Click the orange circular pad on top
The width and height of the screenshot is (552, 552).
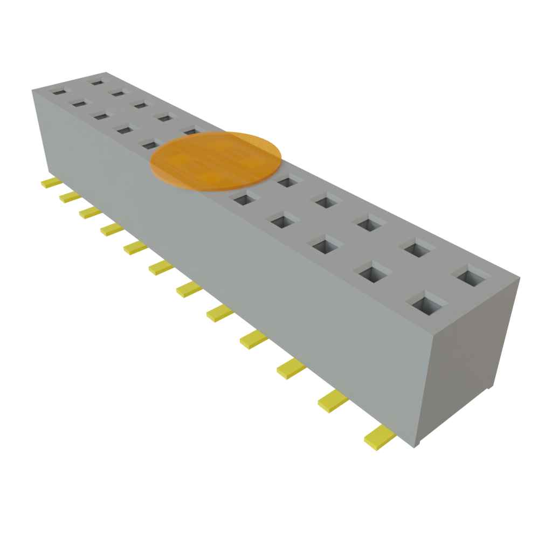(216, 161)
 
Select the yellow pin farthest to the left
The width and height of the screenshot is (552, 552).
(51, 183)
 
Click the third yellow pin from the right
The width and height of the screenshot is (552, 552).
(292, 369)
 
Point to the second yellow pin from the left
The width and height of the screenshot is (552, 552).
(70, 197)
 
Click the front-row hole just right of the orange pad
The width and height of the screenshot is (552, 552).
(243, 199)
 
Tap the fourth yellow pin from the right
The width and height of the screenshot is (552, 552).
(253, 339)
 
